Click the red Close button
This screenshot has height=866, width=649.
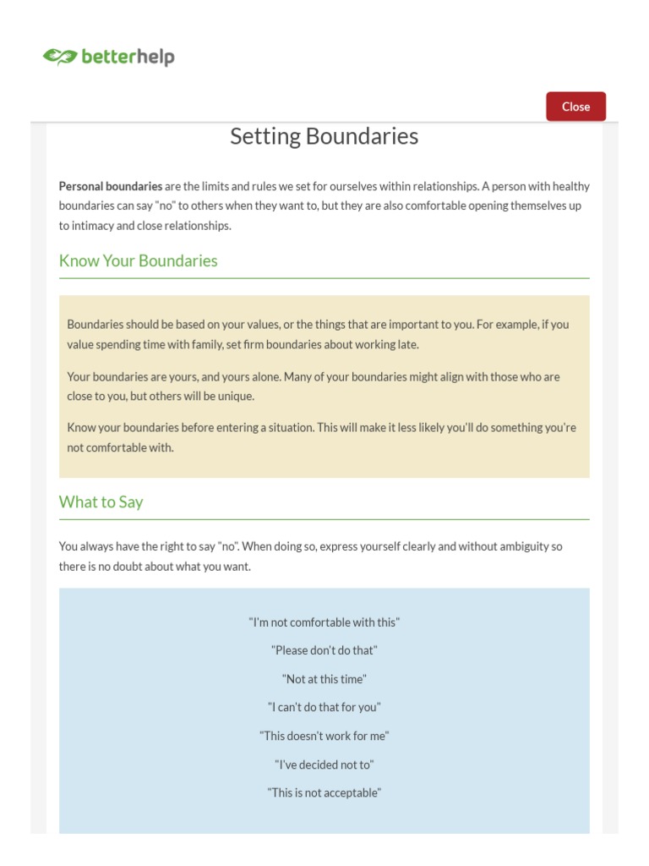575,107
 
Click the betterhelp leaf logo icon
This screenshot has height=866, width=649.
59,58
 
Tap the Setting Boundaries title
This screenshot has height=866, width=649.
324,136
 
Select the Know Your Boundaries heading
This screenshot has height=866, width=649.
138,260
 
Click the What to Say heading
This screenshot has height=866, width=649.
101,502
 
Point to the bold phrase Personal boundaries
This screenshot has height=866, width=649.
110,186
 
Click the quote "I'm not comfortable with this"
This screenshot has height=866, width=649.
324,622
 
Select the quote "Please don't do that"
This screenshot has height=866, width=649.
324,650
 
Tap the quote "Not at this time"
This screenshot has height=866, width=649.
324,679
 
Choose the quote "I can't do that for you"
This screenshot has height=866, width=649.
324,707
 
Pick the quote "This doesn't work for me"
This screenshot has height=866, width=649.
324,736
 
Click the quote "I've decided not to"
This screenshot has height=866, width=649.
324,765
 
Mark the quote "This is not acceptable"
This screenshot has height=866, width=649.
324,792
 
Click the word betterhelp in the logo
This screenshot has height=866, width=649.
128,58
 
